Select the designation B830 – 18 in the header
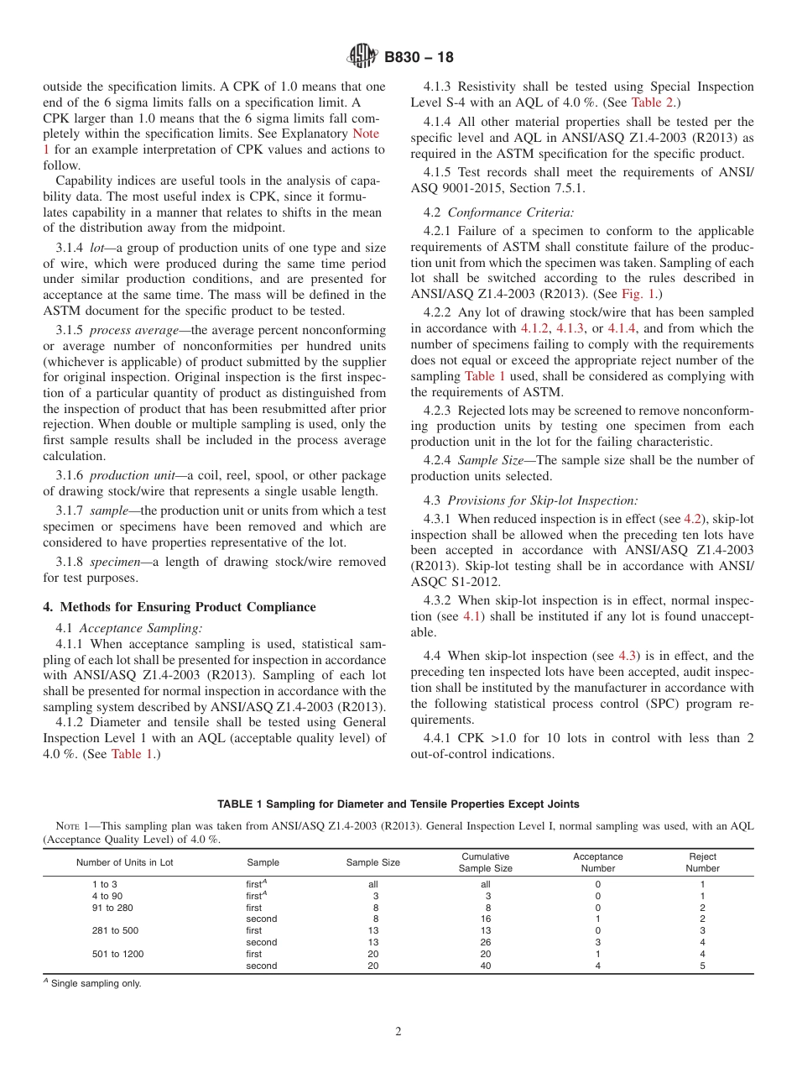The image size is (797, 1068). tap(419, 58)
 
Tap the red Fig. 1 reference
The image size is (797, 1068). tap(639, 294)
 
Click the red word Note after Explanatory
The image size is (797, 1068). tap(365, 133)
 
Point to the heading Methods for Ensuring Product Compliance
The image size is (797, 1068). tap(180, 607)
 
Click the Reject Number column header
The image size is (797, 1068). tap(702, 862)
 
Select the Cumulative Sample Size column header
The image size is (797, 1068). tap(485, 862)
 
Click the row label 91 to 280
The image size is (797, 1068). tap(112, 908)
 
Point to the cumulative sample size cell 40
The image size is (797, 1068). tap(485, 966)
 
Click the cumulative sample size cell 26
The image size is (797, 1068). tap(485, 942)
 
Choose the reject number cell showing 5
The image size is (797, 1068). tap(702, 966)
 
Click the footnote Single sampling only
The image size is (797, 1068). tap(96, 984)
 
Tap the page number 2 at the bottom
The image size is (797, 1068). tap(398, 1032)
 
